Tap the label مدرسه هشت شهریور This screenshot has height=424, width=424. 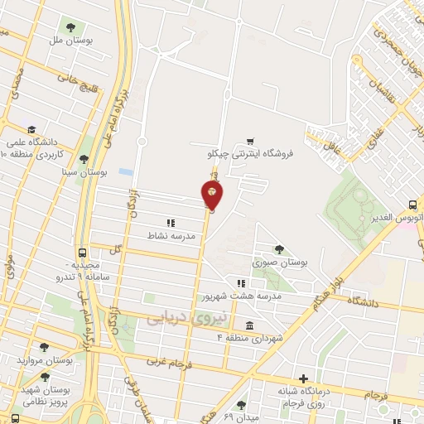(x=241, y=295)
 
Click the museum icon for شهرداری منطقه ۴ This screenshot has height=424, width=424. (x=250, y=325)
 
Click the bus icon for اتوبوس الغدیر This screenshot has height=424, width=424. (x=413, y=205)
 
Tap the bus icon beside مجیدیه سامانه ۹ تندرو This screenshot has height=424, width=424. (x=81, y=253)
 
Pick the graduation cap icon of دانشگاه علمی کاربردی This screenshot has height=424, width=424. (x=31, y=129)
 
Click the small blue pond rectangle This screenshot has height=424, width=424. (x=125, y=171)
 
